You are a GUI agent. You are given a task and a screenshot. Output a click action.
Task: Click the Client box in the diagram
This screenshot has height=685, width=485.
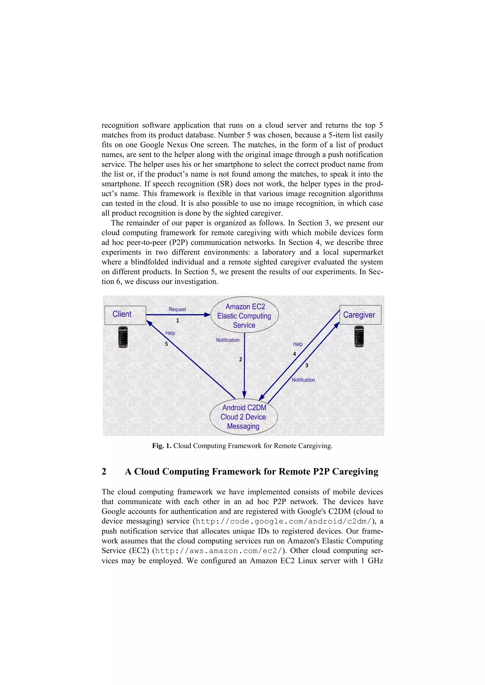[125, 315]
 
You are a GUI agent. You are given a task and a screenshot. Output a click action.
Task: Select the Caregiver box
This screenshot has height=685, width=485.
[360, 315]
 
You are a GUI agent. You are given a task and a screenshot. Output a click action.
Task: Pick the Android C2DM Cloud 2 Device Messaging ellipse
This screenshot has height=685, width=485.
[243, 417]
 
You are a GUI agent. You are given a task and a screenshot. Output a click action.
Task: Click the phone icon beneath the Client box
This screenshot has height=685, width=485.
[123, 337]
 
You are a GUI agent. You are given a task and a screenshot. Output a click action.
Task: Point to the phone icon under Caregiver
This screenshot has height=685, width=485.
[359, 336]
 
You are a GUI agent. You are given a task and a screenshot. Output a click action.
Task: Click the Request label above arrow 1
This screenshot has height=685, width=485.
[177, 309]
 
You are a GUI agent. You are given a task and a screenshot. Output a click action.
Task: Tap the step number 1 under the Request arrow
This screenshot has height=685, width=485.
[177, 321]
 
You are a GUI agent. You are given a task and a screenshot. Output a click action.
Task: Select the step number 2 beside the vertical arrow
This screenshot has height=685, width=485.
[240, 360]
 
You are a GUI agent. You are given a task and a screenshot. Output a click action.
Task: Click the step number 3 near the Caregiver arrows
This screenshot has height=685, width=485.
[306, 365]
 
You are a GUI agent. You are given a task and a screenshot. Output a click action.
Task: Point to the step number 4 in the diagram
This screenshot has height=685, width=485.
[294, 354]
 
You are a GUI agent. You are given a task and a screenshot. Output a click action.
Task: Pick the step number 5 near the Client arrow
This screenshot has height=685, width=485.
[166, 344]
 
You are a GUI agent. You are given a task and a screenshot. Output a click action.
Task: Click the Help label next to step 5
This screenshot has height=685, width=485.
[170, 333]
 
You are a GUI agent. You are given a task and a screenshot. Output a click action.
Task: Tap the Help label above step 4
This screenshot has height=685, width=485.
[298, 344]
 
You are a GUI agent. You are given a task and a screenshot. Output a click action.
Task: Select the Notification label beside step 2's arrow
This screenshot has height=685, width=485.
[228, 340]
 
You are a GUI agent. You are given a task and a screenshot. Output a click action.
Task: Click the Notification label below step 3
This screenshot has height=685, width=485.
[303, 380]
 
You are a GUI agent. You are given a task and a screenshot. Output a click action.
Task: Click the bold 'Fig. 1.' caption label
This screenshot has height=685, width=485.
[162, 446]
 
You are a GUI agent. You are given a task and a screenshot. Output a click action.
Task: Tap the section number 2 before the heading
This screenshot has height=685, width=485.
[104, 471]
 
